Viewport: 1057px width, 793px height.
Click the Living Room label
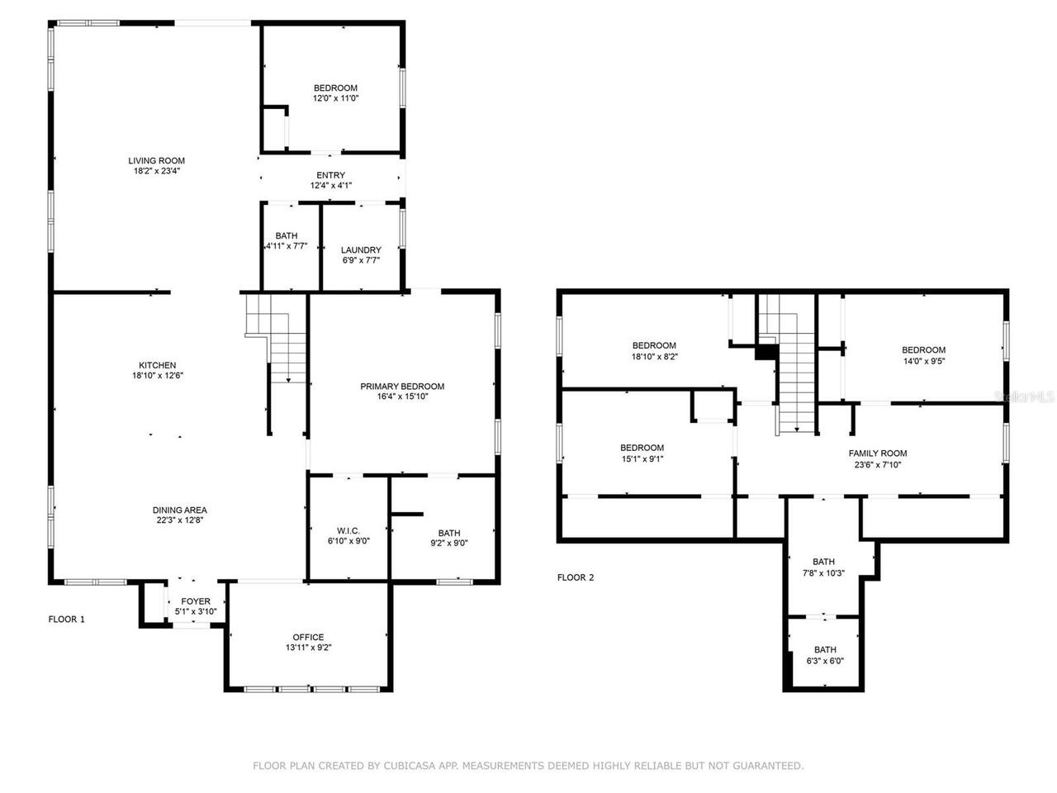pos(156,160)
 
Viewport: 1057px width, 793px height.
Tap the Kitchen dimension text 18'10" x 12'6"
pos(156,376)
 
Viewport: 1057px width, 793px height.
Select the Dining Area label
pos(179,510)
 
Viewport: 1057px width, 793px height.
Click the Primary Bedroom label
pos(402,386)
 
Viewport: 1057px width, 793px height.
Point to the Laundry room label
pos(362,249)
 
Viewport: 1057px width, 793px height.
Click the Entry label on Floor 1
pos(330,175)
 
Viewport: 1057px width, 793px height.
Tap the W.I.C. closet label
pos(348,530)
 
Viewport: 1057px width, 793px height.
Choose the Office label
pos(308,637)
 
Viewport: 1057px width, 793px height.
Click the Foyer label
pos(196,601)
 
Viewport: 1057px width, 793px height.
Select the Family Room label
pos(878,453)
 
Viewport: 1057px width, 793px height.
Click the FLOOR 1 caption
pos(67,619)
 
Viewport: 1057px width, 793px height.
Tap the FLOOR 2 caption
pos(576,577)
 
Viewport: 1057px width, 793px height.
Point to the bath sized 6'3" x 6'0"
pos(825,655)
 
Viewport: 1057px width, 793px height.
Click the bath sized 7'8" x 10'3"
pos(823,567)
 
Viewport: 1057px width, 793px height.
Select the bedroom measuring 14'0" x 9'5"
pos(923,355)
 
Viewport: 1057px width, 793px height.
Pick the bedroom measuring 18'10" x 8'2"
pos(654,351)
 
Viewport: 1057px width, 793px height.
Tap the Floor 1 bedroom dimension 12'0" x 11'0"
pos(335,98)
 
